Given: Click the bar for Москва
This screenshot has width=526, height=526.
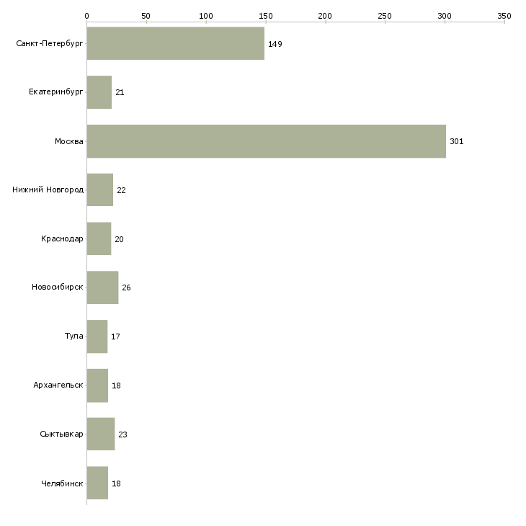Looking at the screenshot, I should pos(266,141).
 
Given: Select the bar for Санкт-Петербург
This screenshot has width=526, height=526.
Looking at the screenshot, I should pos(175,43).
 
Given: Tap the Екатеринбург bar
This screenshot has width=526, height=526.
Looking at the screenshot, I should pos(99,92).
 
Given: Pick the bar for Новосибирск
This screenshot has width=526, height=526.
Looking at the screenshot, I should pos(102,287).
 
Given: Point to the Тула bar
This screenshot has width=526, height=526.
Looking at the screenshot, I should pos(97,336).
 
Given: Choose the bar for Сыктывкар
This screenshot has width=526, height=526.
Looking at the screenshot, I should pos(100,434).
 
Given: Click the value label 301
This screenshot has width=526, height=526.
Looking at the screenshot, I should pos(456,141).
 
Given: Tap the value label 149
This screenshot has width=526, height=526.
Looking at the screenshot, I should pos(275,44).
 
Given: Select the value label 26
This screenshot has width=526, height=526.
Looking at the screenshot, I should pos(126,288).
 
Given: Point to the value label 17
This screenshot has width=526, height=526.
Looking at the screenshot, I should pos(115,336).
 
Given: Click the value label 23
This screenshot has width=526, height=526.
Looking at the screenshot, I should pos(122,434).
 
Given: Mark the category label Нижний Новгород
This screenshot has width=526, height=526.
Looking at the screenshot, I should pos(48,190).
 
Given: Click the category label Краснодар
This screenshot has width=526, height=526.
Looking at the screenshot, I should pos(62,239).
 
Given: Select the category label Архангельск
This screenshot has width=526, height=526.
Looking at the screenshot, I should pos(58,385).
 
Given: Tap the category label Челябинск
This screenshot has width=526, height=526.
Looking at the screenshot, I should pos(62,483).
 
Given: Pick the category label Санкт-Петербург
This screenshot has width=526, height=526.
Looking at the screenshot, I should pos(49,44).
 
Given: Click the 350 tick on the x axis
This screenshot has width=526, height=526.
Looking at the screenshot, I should pos(504,16).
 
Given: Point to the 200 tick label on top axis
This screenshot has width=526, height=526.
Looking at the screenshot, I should pos(325,16).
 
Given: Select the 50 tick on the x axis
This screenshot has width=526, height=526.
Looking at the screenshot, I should pos(146,16).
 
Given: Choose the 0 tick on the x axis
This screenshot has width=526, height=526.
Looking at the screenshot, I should pos(86,16).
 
